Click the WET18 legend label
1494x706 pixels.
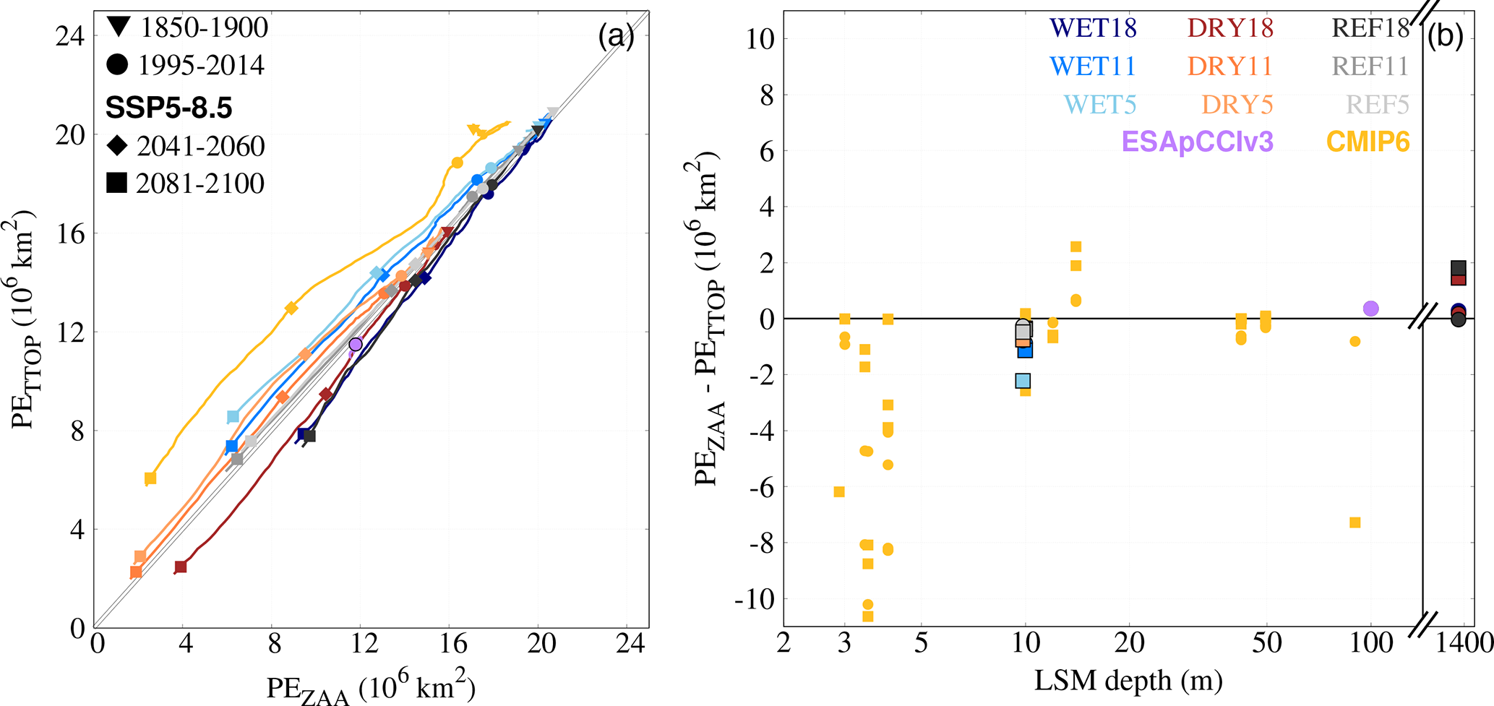point(1093,28)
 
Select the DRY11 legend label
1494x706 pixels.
point(1229,66)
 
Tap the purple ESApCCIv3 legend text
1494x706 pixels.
point(1197,142)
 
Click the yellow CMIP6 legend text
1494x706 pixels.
point(1368,142)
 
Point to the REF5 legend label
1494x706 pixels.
point(1378,105)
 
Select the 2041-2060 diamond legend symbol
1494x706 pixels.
point(117,146)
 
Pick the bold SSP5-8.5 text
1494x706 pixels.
point(169,108)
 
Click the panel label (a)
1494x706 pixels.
point(616,35)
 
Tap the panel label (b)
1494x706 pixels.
point(1446,35)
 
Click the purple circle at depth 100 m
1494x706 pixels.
point(1370,309)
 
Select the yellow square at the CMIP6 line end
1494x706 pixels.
point(150,478)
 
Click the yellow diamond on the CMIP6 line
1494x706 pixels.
point(291,309)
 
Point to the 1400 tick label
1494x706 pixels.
point(1459,642)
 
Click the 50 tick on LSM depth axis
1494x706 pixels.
point(1266,642)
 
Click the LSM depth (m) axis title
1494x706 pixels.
point(1128,681)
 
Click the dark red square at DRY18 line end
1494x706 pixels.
point(181,567)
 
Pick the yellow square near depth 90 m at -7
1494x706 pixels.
point(1355,522)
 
